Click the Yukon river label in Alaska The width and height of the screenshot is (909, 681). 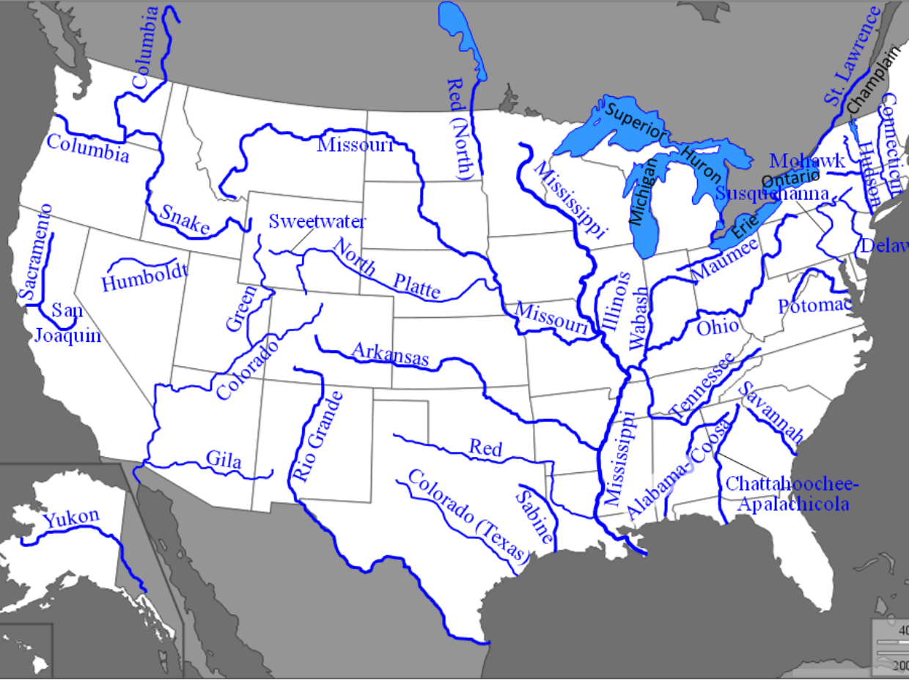[71, 518]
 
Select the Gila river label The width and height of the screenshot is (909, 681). [223, 459]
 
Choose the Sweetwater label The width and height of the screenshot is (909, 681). [317, 221]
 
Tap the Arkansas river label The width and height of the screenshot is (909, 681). [390, 354]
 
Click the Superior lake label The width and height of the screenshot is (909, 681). [636, 124]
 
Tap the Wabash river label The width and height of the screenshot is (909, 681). [639, 317]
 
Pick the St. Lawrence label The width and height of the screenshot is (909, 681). [853, 57]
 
